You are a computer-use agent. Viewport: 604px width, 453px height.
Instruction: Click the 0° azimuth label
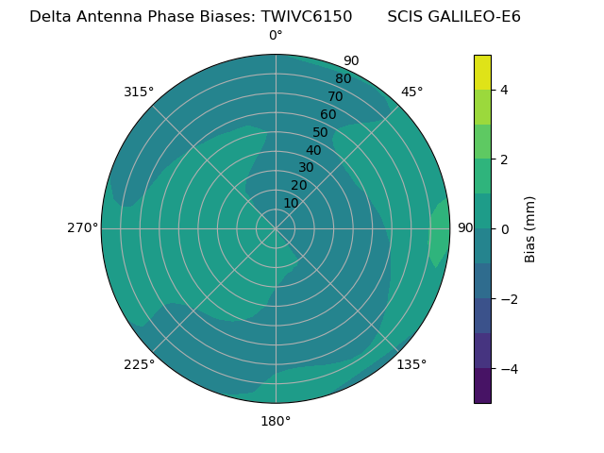coord(276,36)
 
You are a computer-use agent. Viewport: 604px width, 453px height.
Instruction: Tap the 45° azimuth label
coord(411,92)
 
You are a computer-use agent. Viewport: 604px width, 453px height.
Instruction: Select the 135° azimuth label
coord(411,364)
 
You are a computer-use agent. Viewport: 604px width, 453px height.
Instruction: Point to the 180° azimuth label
coord(276,421)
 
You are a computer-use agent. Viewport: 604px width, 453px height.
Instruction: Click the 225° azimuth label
coord(139,364)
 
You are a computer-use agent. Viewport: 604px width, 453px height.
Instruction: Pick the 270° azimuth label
coord(82,228)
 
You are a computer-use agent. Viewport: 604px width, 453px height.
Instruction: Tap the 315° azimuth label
coord(139,92)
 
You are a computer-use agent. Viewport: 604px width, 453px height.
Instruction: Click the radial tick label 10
coord(291,203)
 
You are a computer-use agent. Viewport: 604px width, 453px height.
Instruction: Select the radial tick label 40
coord(313,151)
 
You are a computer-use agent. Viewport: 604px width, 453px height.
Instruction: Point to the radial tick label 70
coord(335,96)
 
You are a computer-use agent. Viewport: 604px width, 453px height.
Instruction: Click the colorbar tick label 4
coord(505,90)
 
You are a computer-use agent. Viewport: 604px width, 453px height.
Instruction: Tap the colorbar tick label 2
coord(505,159)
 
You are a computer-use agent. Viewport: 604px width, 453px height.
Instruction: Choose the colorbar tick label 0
coord(505,229)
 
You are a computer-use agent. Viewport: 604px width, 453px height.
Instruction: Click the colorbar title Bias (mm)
coord(530,228)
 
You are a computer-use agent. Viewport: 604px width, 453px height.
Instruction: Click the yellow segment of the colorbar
coord(482,73)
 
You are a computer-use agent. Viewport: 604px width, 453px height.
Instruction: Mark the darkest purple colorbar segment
coord(482,386)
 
